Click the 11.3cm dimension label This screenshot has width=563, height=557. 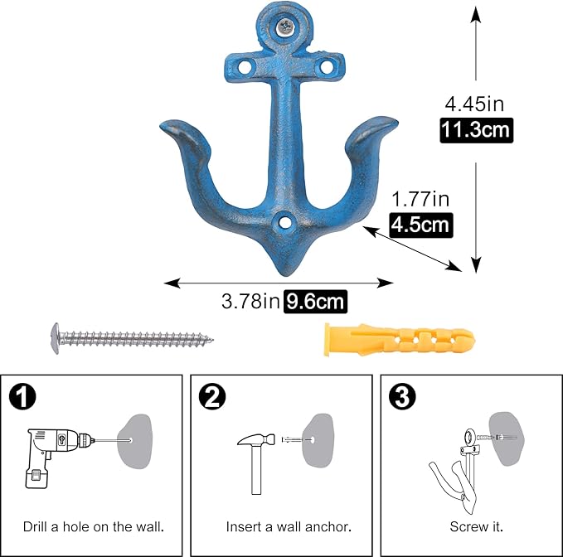476,129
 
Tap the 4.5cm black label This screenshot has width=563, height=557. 420,224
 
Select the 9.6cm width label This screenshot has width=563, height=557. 315,302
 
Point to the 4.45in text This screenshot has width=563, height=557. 475,104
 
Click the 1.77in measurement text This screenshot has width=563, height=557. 420,199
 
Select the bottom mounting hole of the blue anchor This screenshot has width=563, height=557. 285,222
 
